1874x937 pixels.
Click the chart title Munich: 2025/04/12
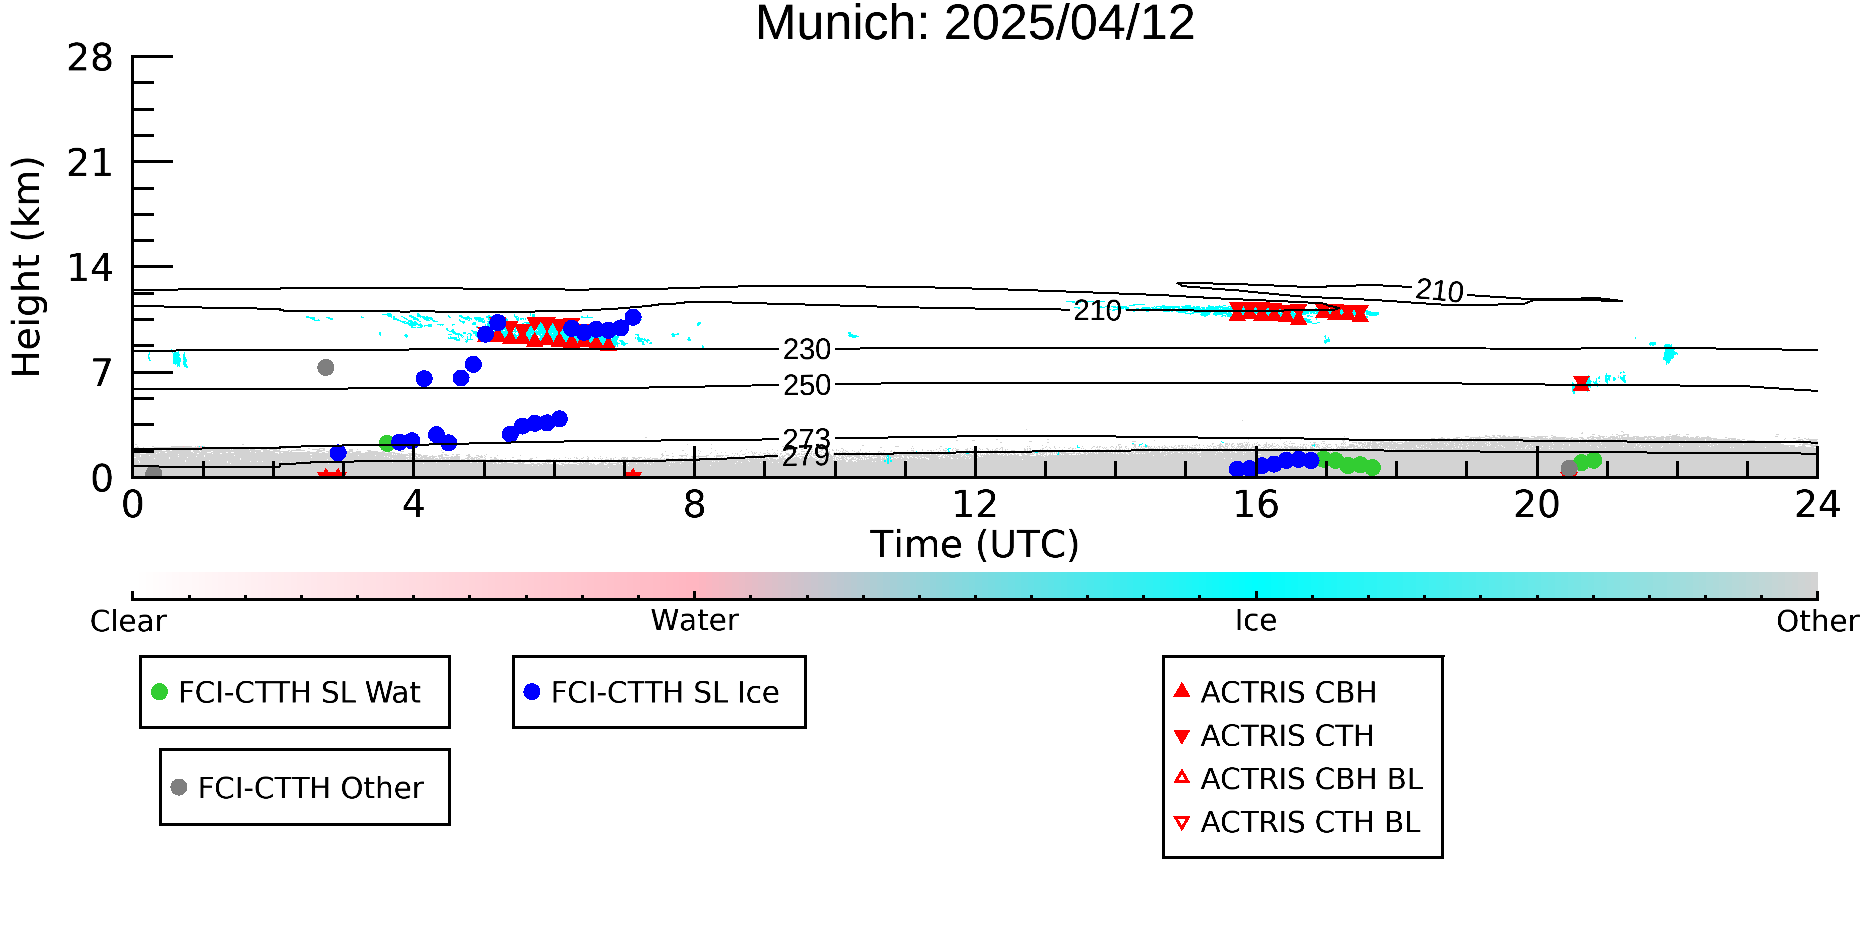[975, 23]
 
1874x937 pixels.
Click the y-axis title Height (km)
[27, 267]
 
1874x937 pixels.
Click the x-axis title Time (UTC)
[975, 544]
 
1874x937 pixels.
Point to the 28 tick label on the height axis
[90, 58]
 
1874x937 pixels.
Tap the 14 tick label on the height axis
[90, 268]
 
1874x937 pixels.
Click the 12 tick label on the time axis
[975, 505]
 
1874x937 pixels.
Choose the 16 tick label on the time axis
[1256, 505]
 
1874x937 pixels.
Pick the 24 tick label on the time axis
[1817, 505]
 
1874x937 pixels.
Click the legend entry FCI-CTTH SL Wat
[287, 692]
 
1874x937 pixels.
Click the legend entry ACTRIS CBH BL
[1299, 779]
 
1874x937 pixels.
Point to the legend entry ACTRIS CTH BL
[1297, 822]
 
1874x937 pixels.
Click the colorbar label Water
[695, 621]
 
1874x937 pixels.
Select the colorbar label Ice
[1256, 621]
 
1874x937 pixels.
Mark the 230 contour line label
[806, 350]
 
